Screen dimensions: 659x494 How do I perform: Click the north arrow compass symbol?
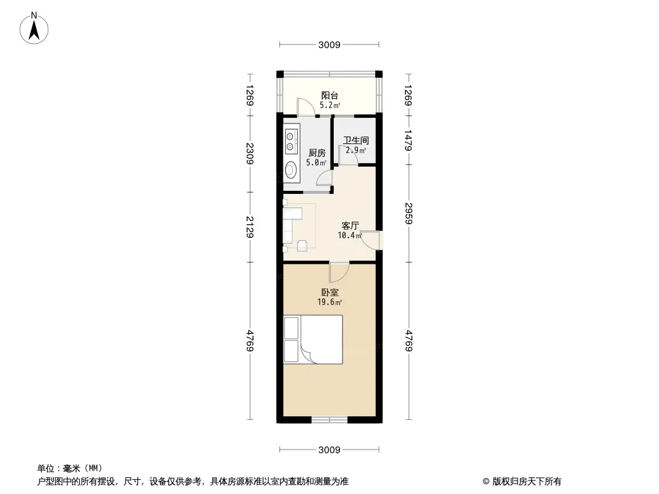(34, 28)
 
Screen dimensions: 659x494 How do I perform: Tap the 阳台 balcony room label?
(329, 96)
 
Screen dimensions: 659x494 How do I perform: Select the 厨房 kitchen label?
(317, 153)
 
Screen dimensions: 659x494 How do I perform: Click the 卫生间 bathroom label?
(356, 140)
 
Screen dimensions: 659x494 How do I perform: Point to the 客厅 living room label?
(350, 226)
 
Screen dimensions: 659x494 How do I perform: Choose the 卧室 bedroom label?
(330, 292)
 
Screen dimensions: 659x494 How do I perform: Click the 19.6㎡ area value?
(329, 302)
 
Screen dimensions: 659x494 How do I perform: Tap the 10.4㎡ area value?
(350, 235)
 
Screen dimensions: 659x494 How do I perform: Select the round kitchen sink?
(291, 170)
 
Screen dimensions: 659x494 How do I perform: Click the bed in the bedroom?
(313, 340)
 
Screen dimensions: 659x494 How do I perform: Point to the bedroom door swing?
(339, 272)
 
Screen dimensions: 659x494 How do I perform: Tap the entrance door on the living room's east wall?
(370, 240)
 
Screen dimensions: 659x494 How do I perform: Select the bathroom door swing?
(349, 155)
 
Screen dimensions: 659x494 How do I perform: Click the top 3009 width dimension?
(329, 44)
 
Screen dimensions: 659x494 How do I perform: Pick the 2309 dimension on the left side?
(250, 153)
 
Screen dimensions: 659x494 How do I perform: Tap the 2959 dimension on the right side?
(409, 213)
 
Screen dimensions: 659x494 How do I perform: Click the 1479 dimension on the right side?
(409, 140)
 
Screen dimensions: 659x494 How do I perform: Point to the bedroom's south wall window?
(329, 419)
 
